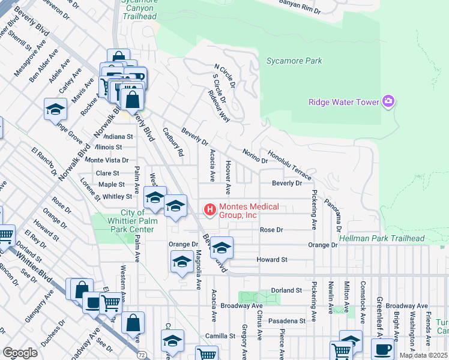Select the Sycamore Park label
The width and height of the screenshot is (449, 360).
[294, 61]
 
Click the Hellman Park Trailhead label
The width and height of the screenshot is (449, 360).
[381, 238]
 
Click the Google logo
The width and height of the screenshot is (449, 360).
[20, 352]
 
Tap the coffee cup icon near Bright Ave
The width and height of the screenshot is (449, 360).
[382, 349]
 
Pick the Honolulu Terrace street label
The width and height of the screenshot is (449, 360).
[290, 166]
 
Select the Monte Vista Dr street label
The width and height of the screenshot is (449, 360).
[107, 160]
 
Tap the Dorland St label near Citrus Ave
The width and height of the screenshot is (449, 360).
[285, 290]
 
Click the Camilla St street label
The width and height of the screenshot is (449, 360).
[222, 336]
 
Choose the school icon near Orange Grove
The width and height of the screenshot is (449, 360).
[55, 110]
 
